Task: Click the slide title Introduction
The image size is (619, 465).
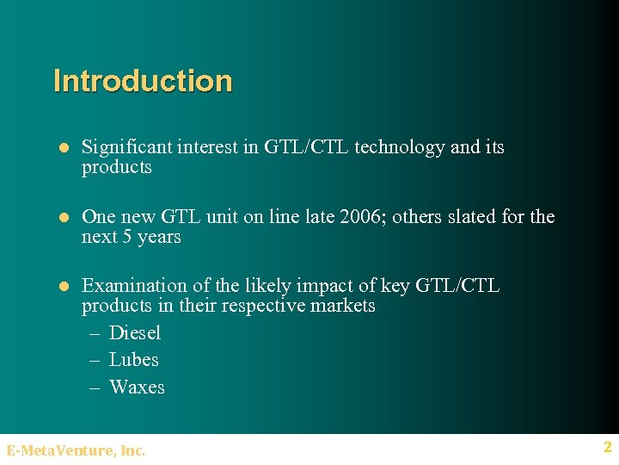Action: point(143,81)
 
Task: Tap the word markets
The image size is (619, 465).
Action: point(344,306)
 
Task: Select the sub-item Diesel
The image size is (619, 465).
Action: point(135,333)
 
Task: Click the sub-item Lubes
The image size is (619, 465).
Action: point(134,360)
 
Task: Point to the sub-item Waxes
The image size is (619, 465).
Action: point(137,387)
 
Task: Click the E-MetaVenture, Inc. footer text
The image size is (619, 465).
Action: point(76,449)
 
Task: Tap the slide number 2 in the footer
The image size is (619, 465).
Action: point(607,448)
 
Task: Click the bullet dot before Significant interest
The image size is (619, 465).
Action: point(62,148)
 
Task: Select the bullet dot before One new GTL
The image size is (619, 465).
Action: point(62,218)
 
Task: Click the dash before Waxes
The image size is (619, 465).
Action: point(96,387)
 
